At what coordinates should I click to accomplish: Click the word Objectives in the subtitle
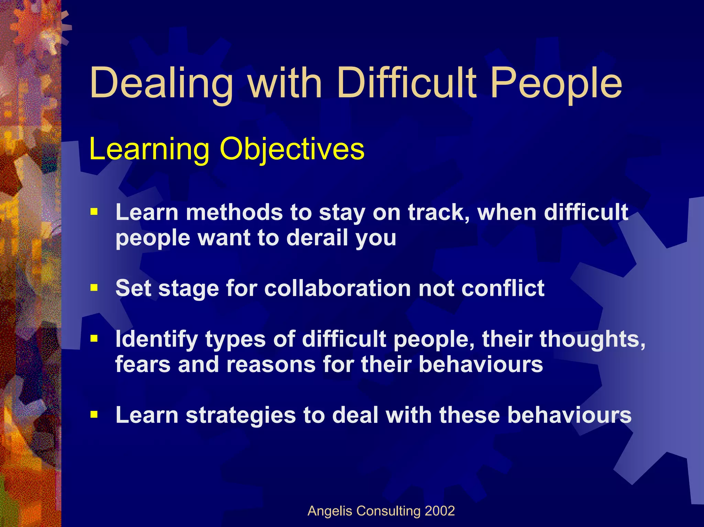point(292,149)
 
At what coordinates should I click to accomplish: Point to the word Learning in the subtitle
point(149,149)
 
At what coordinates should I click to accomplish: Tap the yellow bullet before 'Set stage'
point(94,287)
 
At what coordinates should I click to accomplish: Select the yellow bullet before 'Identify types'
point(94,339)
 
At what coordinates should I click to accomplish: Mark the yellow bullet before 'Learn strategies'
point(94,414)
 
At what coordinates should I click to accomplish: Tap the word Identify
point(157,339)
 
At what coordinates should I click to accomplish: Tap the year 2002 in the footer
point(440,511)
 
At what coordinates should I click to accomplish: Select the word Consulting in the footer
point(388,511)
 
